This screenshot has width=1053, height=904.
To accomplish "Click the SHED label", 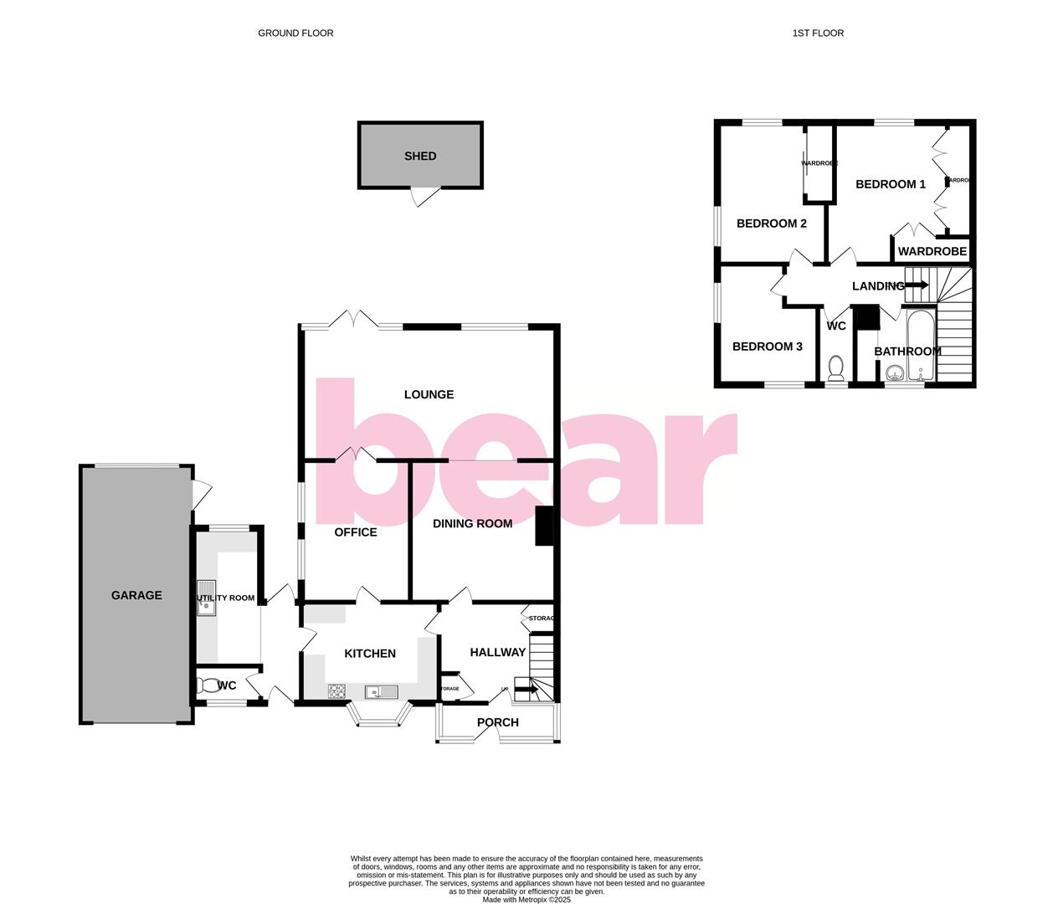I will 420,156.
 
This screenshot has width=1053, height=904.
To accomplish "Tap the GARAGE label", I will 136,595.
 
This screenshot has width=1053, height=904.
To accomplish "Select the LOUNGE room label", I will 429,394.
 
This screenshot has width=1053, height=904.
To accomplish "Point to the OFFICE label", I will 356,532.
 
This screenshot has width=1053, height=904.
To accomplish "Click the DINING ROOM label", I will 472,523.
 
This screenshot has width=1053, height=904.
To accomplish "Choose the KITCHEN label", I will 370,653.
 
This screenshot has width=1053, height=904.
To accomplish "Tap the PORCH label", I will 498,722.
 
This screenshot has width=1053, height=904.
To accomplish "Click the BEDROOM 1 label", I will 891,184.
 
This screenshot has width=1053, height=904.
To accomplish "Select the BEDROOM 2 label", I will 772,223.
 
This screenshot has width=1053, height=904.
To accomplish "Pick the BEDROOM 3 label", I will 768,347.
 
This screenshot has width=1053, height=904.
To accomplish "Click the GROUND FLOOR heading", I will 295,33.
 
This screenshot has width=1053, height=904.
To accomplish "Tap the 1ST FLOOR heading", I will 818,33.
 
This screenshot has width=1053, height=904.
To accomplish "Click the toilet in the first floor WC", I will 835,367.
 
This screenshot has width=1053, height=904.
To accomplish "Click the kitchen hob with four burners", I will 337,691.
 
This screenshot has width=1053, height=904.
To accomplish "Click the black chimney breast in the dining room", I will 544,526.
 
